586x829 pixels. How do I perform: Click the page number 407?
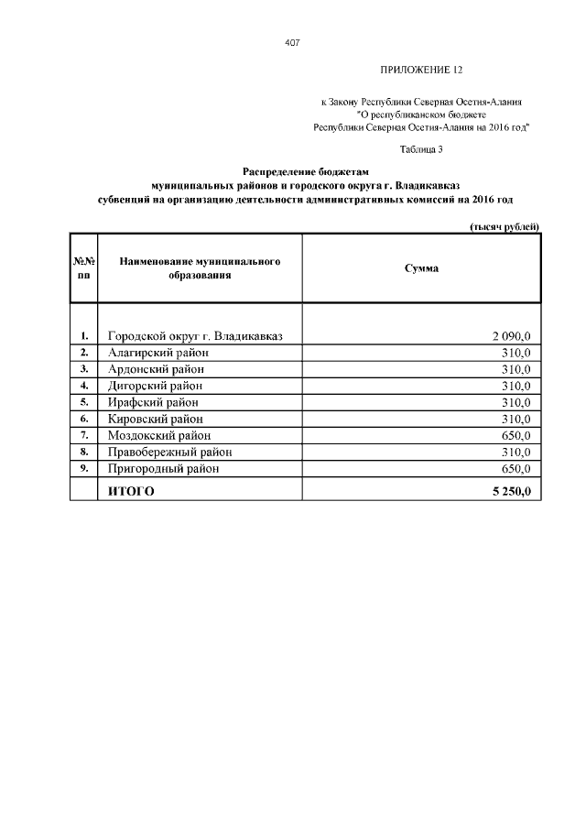(x=293, y=43)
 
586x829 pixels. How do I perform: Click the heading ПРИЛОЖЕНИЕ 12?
(x=422, y=71)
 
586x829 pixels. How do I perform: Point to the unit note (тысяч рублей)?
(x=504, y=226)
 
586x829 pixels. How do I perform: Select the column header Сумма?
(x=421, y=268)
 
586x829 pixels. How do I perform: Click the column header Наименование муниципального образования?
(x=199, y=267)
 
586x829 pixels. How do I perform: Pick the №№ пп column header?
(x=84, y=267)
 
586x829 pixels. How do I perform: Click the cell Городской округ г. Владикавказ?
(x=195, y=336)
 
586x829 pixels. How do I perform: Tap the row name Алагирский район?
(x=158, y=353)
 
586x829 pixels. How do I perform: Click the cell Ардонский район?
(x=156, y=369)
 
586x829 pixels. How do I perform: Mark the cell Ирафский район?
(x=153, y=402)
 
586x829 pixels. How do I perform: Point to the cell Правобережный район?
(x=169, y=452)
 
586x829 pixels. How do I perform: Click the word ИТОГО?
(x=131, y=492)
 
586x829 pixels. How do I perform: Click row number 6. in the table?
(x=84, y=419)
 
